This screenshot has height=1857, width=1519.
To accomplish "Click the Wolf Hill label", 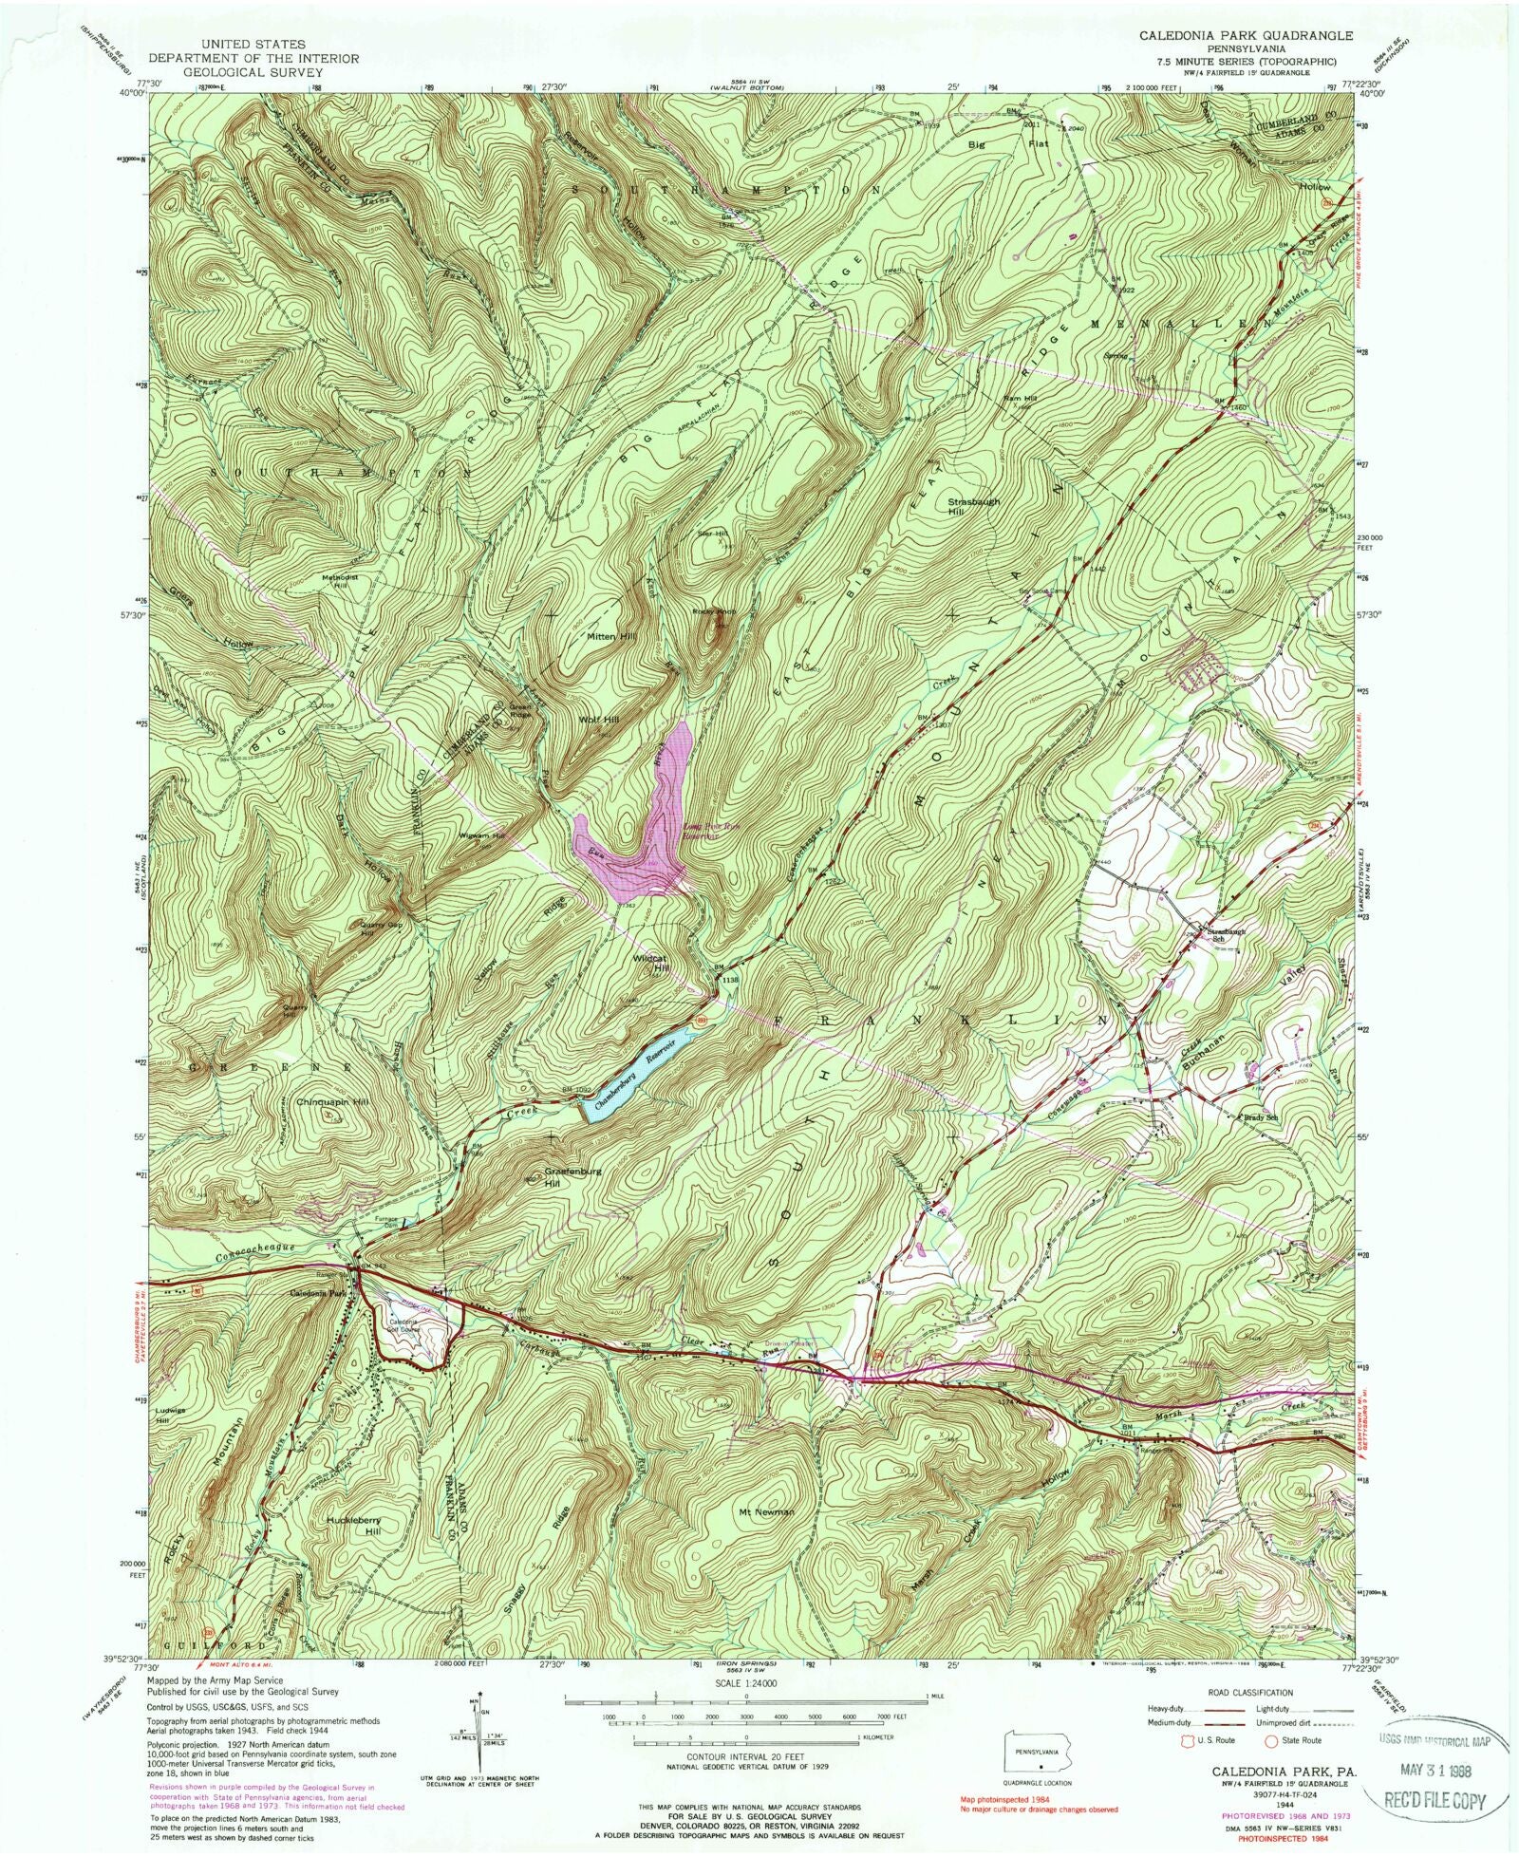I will click(x=599, y=721).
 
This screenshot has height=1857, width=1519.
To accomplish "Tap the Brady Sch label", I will click(x=1258, y=1117).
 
